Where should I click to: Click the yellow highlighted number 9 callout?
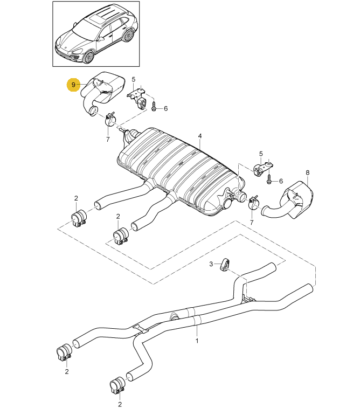pyautogui.click(x=73, y=85)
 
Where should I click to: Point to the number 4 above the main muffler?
pyautogui.click(x=199, y=136)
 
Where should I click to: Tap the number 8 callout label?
pyautogui.click(x=308, y=172)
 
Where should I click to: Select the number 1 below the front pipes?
pyautogui.click(x=197, y=341)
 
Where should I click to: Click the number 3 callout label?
pyautogui.click(x=212, y=263)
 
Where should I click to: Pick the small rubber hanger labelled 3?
pyautogui.click(x=225, y=265)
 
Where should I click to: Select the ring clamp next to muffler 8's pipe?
pyautogui.click(x=252, y=203)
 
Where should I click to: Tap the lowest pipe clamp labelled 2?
pyautogui.click(x=117, y=386)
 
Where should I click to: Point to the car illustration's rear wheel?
pyautogui.click(x=128, y=36)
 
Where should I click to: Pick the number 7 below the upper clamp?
pyautogui.click(x=108, y=140)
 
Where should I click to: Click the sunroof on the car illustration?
pyautogui.click(x=97, y=19)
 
